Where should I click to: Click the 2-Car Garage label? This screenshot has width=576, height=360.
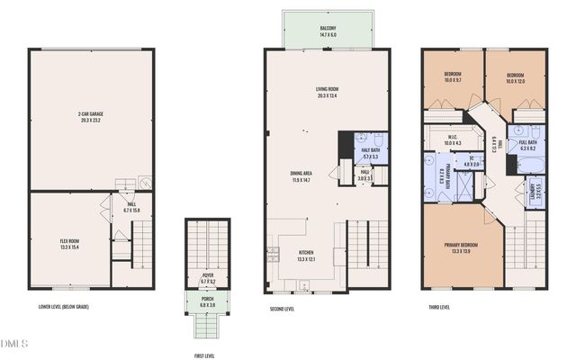(x=91, y=116)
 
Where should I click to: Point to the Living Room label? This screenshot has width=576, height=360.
(x=327, y=91)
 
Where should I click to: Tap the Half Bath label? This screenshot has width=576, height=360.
(x=369, y=152)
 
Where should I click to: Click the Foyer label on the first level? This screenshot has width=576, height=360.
(x=208, y=280)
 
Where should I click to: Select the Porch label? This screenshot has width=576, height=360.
(x=208, y=303)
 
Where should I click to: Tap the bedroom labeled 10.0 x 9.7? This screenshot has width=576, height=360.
(x=453, y=77)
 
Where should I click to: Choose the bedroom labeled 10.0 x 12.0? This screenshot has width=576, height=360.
(x=515, y=77)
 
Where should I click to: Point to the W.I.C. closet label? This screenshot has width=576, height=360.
(x=452, y=139)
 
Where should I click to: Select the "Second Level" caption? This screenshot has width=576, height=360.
(x=282, y=309)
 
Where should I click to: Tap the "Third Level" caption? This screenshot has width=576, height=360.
(x=438, y=307)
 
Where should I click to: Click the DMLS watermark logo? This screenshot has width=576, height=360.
(x=16, y=343)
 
